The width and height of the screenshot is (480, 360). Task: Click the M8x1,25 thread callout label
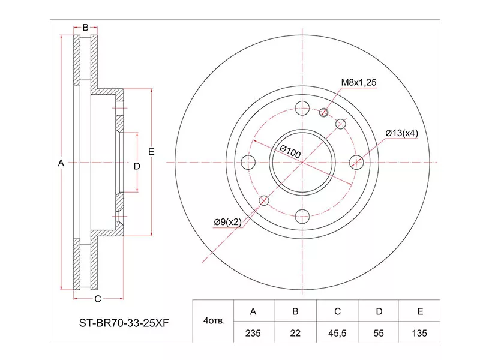coord(359,83)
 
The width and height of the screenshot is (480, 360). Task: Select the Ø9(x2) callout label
coord(227,222)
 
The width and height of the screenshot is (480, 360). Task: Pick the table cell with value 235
coord(253,332)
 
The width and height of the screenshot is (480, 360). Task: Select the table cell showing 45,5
coord(338,332)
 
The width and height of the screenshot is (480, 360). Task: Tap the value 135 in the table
coord(419,332)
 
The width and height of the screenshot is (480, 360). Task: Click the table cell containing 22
coord(295,332)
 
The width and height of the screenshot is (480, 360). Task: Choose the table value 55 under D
coord(379,332)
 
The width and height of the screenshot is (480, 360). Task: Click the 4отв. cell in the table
coord(214,322)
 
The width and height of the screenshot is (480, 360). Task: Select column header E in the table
coord(419,311)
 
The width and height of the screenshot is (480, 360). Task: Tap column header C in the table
coord(338,311)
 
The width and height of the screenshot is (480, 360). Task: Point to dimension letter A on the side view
coord(60,163)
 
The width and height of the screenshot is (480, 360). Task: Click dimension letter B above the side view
coord(85,27)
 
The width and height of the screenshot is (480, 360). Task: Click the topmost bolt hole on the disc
coord(303,108)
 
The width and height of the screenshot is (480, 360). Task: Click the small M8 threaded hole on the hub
coord(325,112)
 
